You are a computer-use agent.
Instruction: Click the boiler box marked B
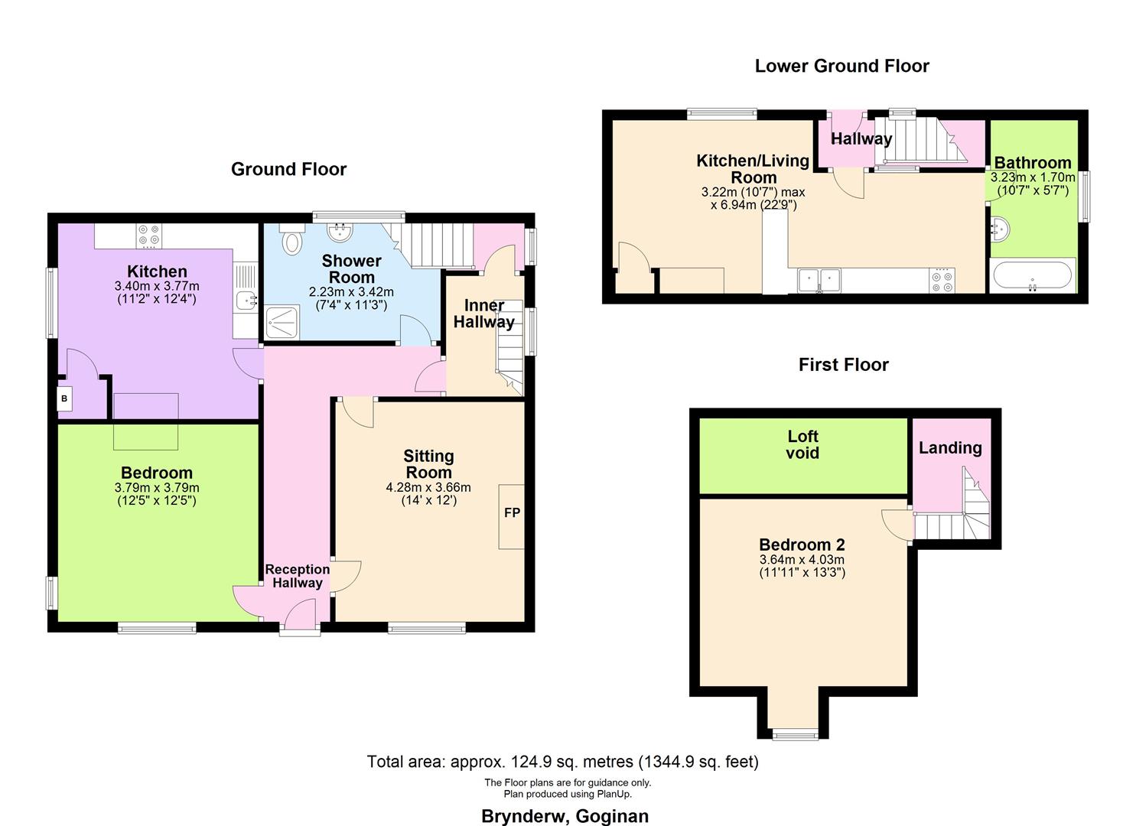[x=64, y=398]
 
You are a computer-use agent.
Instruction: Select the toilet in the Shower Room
[x=292, y=242]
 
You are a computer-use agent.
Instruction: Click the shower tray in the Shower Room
[x=282, y=324]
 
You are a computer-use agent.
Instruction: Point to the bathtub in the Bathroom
[x=1033, y=275]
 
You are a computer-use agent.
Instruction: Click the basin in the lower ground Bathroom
[x=1001, y=228]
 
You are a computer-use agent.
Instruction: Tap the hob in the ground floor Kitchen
[x=149, y=236]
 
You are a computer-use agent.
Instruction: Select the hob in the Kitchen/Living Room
[x=942, y=281]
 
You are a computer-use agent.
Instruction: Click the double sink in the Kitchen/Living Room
[x=819, y=280]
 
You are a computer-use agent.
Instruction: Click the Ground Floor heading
[x=288, y=169]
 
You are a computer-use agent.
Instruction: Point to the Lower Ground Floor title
[x=841, y=66]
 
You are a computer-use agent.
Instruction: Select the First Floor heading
[x=843, y=365]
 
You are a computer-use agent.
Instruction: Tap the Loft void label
[x=802, y=444]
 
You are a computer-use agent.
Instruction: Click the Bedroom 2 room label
[x=802, y=545]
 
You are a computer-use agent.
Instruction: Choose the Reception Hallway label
[x=298, y=576]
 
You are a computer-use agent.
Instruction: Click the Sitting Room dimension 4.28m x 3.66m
[x=428, y=487]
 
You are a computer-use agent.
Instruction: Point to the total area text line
[x=562, y=762]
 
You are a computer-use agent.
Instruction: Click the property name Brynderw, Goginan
[x=565, y=816]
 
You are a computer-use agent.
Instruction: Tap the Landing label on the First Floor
[x=950, y=448]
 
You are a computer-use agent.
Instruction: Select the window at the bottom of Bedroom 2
[x=795, y=735]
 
